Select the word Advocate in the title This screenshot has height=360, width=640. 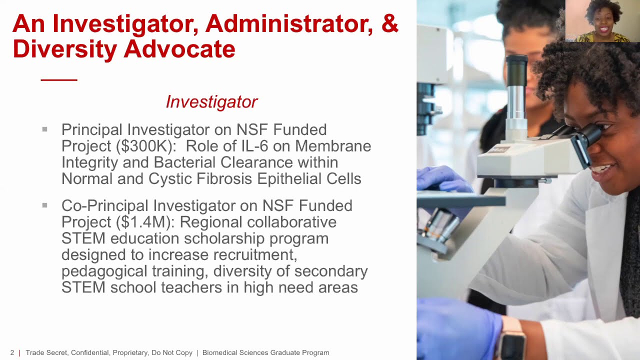(179, 49)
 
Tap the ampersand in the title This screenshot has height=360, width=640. (390, 23)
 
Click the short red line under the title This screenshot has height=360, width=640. (59, 80)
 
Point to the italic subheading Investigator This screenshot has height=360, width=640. (211, 102)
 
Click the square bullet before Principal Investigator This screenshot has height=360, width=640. (45, 129)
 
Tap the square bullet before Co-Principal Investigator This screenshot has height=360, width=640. (45, 205)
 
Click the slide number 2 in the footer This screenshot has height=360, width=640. (12, 353)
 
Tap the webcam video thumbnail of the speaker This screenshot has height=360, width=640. (602, 21)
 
